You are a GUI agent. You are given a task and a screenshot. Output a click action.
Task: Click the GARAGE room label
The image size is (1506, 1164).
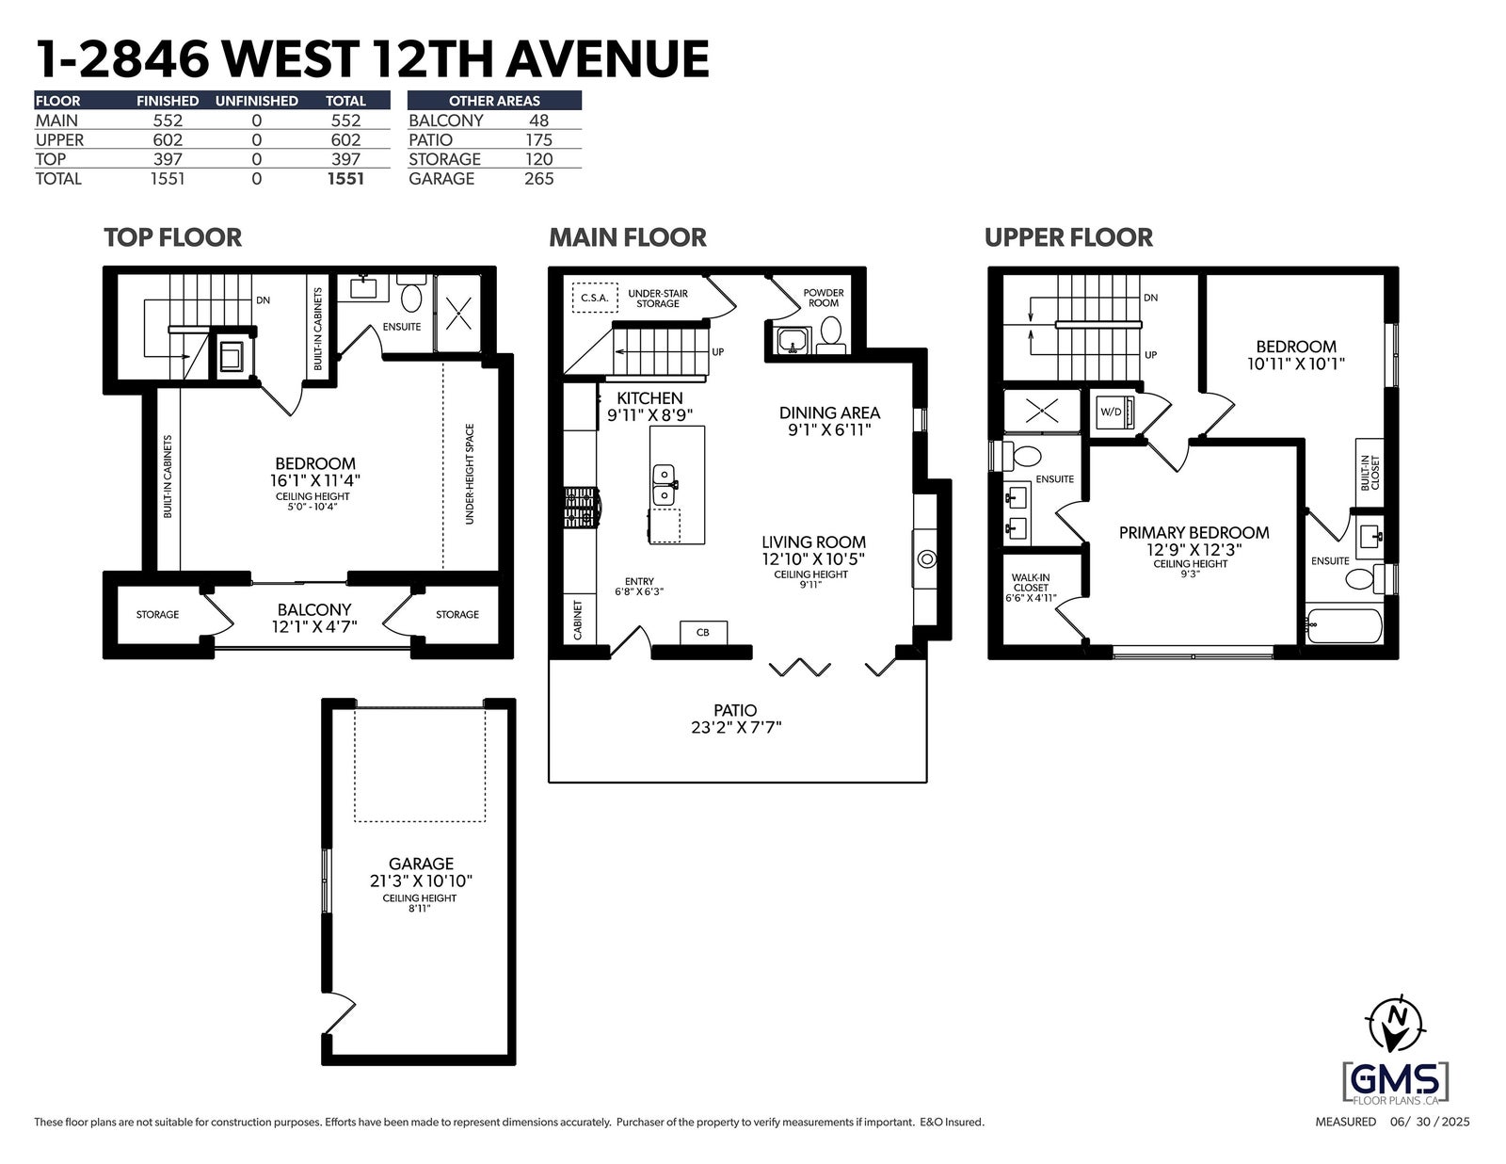coord(421,864)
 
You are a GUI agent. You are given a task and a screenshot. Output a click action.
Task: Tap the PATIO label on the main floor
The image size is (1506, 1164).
coord(735,711)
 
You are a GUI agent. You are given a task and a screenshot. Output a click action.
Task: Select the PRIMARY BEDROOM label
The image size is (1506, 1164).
coord(1194,532)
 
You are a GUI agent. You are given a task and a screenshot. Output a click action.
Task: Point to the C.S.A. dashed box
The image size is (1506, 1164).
coord(595,298)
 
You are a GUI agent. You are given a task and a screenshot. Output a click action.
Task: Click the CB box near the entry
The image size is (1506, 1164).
coord(703,632)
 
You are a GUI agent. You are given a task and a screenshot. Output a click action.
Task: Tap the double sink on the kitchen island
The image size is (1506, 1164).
coord(664,485)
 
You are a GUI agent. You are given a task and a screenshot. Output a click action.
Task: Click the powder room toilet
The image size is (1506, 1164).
coord(829,332)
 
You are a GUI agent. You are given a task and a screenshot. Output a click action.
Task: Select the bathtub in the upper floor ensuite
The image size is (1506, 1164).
coord(1344,626)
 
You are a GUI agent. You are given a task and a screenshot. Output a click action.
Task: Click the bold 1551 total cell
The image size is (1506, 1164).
coord(345,179)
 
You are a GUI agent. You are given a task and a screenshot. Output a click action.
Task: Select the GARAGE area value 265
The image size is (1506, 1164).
coord(538,179)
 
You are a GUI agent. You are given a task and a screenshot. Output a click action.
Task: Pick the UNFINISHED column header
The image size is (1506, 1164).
coord(256,101)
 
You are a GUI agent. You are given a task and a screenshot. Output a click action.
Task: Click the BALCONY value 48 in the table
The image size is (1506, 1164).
coord(538,121)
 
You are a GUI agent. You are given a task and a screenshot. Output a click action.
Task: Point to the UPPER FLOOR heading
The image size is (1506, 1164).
coord(1068,238)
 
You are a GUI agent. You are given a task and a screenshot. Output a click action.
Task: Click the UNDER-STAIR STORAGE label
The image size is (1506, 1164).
coord(658,299)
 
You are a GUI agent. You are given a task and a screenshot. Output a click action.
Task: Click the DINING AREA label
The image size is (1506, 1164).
coord(829,413)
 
